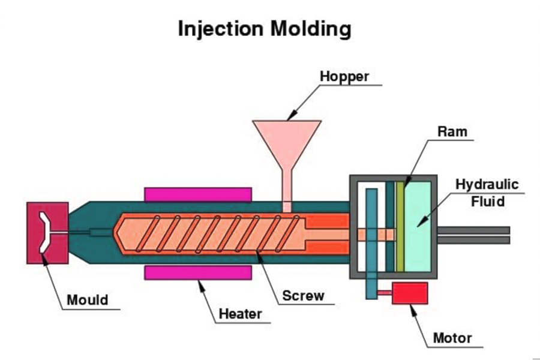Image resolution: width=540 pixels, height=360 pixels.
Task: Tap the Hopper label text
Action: click(344, 76)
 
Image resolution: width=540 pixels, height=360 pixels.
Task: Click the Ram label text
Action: click(452, 131)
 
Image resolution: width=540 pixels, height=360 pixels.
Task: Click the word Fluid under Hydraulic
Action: click(487, 201)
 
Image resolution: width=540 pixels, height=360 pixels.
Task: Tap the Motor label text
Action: click(452, 338)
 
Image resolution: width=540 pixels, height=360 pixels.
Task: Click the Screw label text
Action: click(303, 295)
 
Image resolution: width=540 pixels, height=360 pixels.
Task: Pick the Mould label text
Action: click(87, 300)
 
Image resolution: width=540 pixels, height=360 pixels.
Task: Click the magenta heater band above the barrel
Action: click(197, 194)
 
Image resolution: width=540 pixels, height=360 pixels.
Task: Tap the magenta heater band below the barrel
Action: click(197, 273)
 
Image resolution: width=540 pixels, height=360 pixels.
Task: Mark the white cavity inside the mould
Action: click(44, 232)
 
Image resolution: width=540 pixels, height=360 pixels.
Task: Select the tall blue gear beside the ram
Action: click(371, 240)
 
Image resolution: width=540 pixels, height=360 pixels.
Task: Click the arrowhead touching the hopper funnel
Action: click(290, 117)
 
